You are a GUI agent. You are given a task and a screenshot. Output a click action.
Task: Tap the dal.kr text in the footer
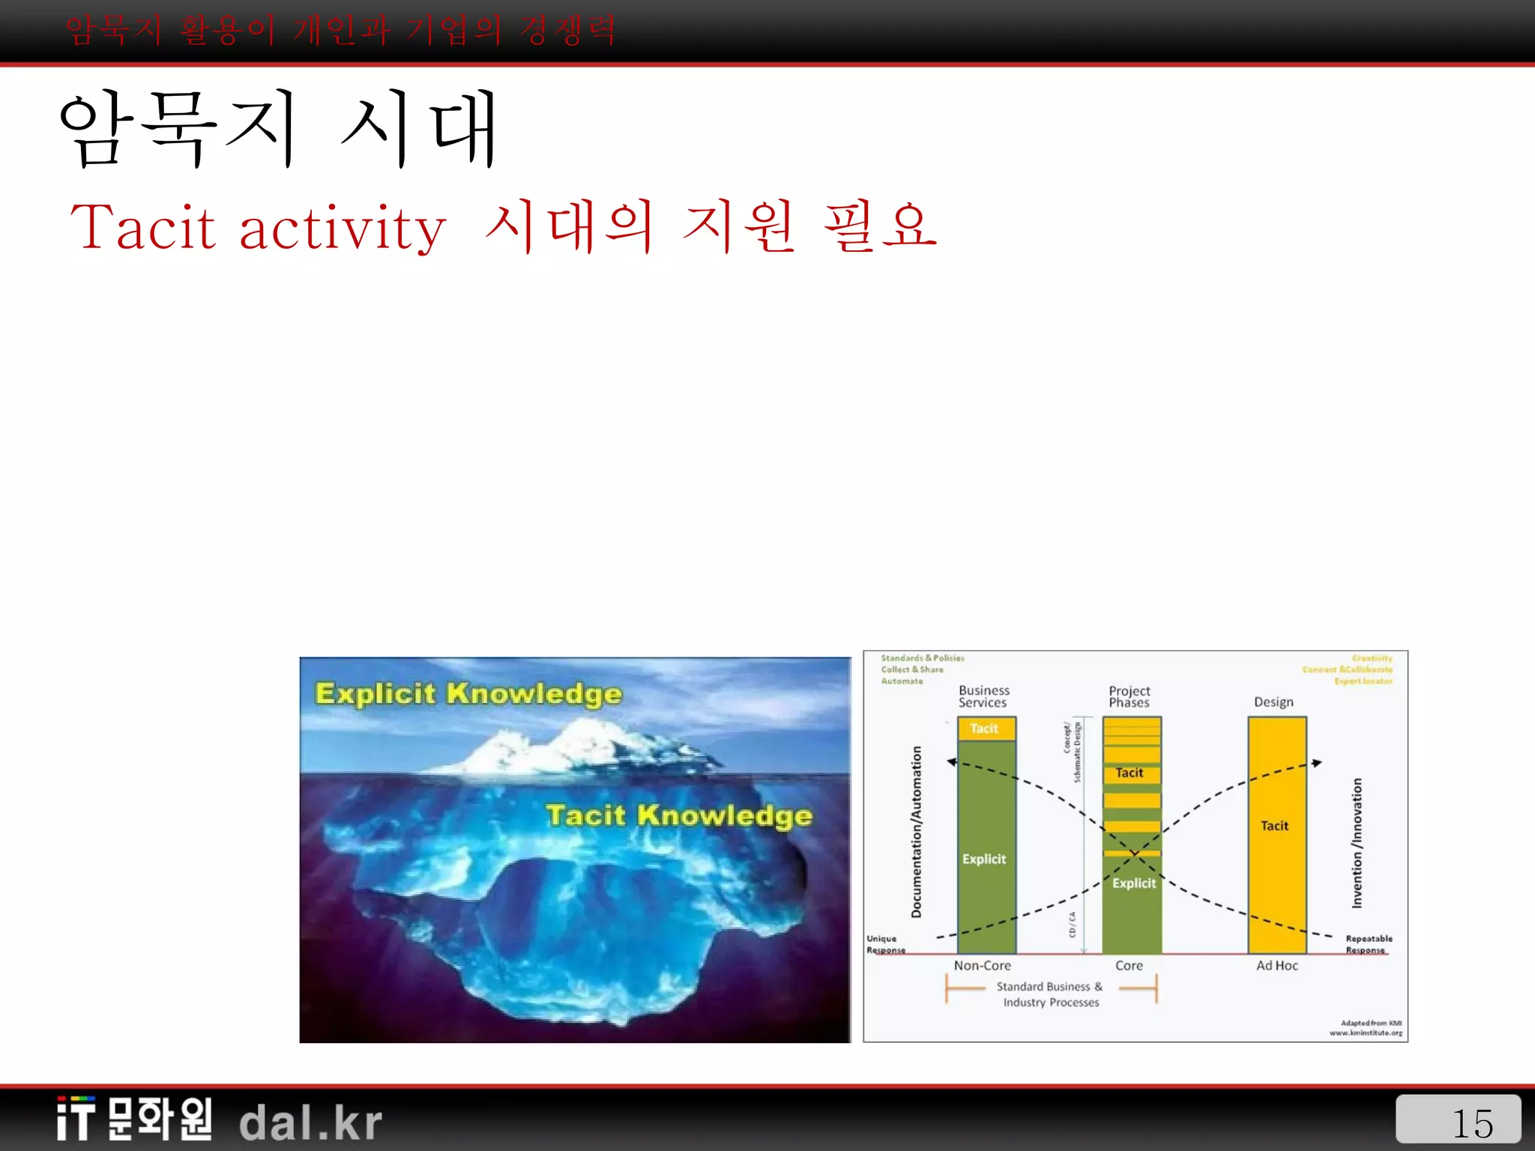click(x=311, y=1122)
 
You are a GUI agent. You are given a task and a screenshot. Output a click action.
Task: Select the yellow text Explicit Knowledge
click(x=468, y=693)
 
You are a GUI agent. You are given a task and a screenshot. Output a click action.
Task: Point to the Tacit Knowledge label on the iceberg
click(x=679, y=815)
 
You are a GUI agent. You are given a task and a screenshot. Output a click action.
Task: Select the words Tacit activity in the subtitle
click(x=259, y=227)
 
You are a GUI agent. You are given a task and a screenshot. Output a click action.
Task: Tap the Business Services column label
click(x=983, y=696)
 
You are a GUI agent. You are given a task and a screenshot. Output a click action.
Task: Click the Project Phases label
click(x=1129, y=696)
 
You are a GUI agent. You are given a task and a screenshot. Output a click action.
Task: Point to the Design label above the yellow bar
click(x=1273, y=702)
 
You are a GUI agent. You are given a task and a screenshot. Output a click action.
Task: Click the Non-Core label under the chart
click(x=982, y=966)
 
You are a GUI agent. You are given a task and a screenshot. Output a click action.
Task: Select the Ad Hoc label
click(x=1277, y=966)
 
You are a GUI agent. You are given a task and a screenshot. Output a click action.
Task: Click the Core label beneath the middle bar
click(x=1129, y=966)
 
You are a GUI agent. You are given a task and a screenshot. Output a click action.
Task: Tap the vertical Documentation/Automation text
click(x=916, y=832)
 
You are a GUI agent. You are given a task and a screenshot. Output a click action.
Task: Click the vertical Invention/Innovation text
click(x=1357, y=843)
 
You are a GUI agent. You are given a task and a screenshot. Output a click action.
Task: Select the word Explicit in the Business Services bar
click(x=984, y=859)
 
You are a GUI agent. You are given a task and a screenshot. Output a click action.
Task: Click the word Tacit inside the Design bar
click(x=1274, y=826)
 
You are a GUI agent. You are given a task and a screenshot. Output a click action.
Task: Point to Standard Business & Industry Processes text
click(x=1050, y=994)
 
